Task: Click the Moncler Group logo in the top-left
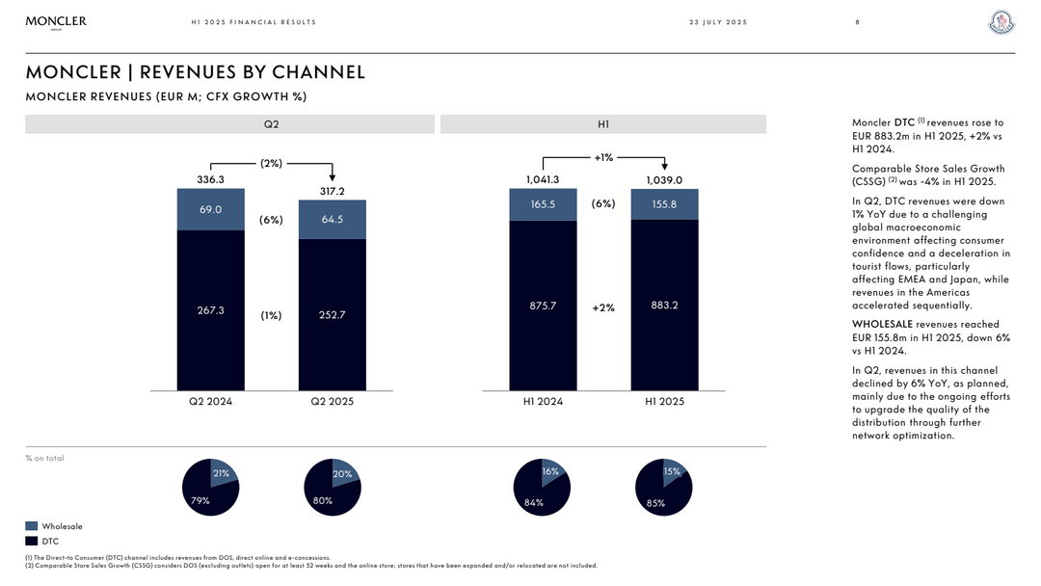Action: (56, 22)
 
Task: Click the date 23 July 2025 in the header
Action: (717, 22)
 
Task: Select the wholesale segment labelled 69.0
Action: (210, 209)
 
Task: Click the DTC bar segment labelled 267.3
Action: (210, 309)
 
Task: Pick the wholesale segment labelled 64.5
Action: (332, 219)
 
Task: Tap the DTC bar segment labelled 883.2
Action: (664, 305)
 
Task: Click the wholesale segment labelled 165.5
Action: (543, 204)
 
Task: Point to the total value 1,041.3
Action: (543, 179)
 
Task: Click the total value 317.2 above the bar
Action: (332, 191)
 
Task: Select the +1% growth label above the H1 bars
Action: (603, 157)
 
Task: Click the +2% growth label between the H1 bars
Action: (603, 307)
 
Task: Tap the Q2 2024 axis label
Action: (210, 401)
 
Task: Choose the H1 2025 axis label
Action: (664, 401)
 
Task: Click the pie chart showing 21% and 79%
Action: (210, 487)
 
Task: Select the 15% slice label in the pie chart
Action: (672, 471)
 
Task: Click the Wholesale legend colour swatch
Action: (32, 526)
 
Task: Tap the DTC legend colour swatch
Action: (32, 542)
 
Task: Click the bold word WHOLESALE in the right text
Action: (881, 325)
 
